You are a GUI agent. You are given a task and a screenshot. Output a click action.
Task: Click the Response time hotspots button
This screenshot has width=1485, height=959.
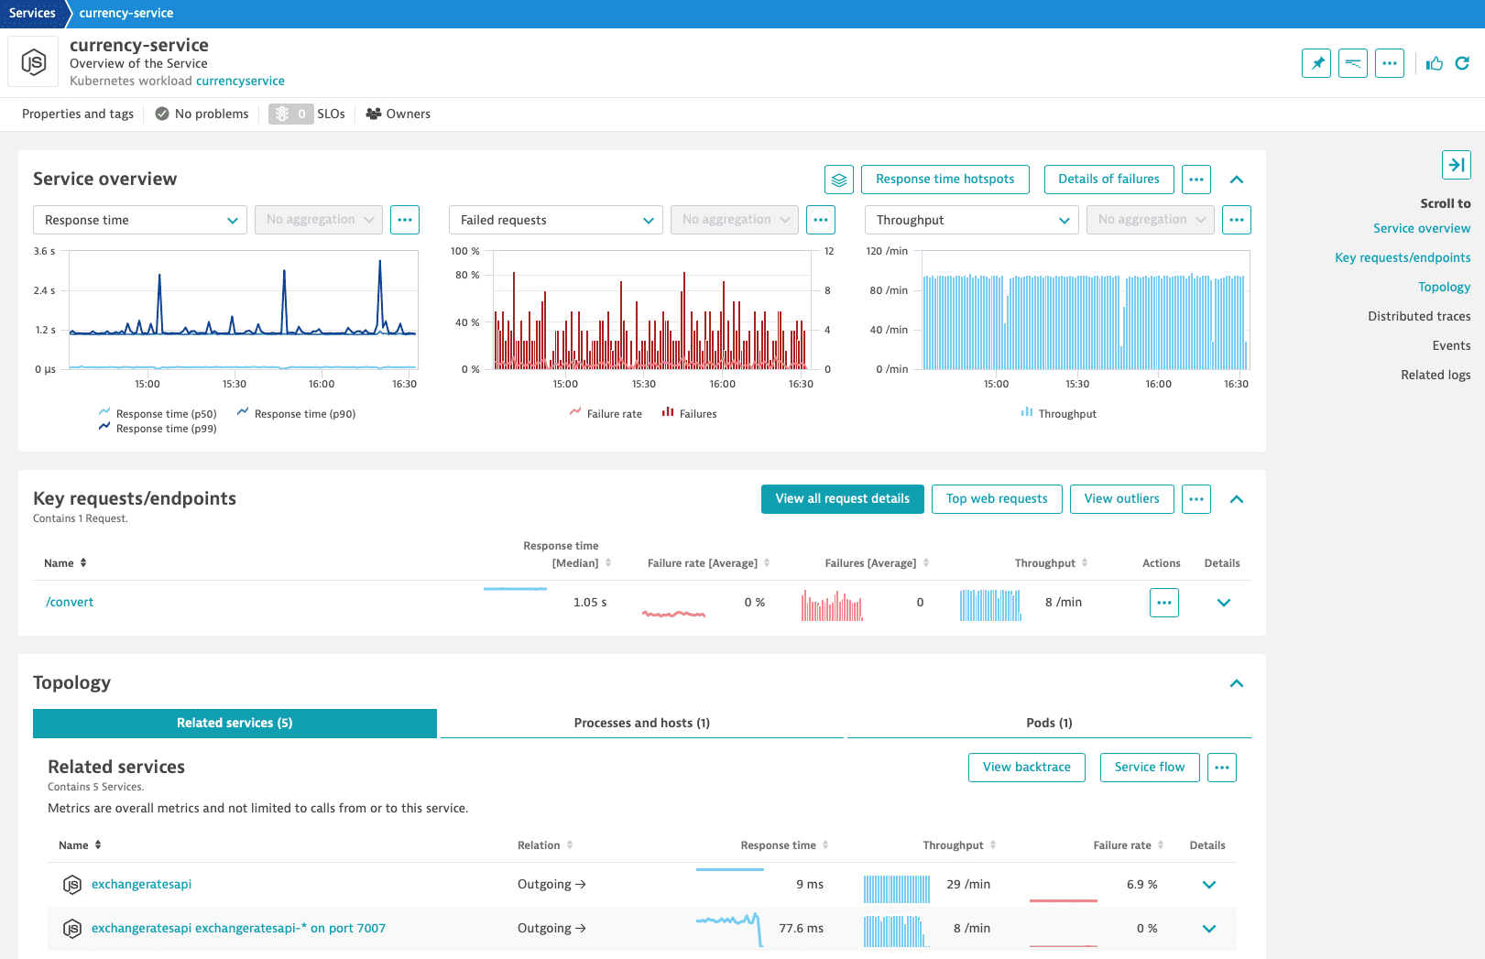945,180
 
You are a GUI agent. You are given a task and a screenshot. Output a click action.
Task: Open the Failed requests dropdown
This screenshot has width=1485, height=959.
555,220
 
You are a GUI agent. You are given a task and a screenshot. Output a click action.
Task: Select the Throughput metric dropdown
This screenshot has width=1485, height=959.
971,220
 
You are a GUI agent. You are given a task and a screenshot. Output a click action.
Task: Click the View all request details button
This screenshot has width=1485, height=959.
842,499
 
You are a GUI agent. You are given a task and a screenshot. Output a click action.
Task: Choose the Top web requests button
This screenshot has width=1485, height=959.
997,499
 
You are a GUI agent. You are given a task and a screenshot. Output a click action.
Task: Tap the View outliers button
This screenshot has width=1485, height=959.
1121,499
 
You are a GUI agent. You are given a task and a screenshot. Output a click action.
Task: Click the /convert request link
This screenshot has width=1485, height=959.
70,603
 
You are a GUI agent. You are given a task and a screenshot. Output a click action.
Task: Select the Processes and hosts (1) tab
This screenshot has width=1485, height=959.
641,724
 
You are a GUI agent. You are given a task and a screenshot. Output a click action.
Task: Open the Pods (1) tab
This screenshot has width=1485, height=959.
1049,724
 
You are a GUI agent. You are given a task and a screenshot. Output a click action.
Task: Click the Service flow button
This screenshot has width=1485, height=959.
1149,768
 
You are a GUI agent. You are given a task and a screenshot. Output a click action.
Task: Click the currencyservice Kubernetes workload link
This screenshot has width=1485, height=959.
240,82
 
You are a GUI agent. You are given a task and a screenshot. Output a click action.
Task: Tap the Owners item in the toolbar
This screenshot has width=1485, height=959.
399,114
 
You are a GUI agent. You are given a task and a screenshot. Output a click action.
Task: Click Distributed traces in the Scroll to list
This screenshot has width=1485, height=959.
1419,317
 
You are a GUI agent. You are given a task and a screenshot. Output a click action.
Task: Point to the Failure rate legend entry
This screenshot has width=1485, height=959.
614,414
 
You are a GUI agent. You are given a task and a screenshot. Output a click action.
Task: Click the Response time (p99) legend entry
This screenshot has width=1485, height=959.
166,430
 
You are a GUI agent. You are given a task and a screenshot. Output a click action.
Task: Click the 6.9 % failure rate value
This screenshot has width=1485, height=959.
1141,885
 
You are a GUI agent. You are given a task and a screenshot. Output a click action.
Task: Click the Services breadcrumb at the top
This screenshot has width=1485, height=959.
32,14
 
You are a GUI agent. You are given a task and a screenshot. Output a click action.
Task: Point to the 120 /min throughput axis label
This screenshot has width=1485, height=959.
887,251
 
